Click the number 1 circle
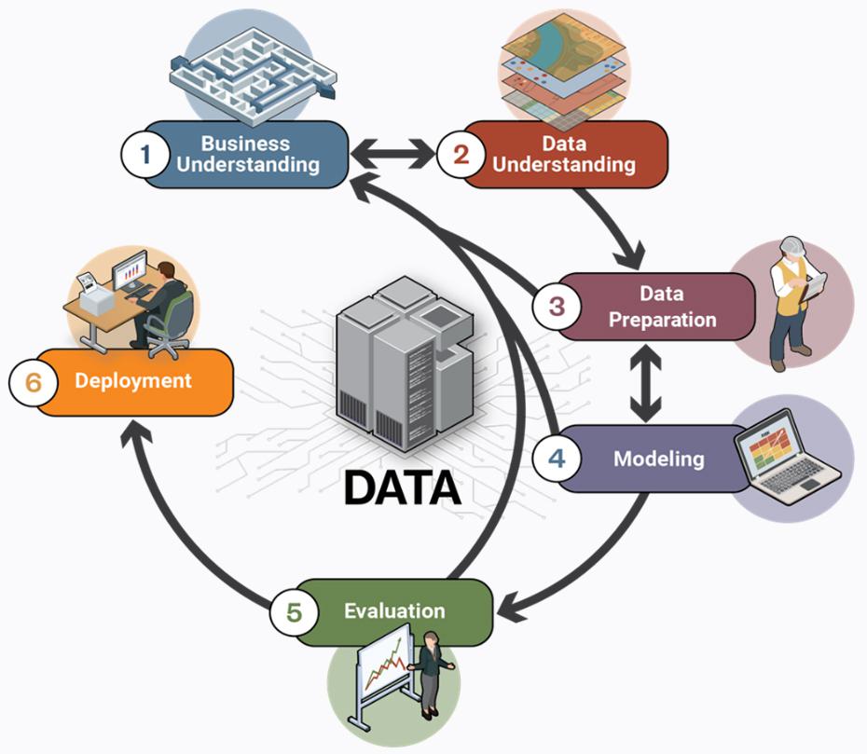pos(144,154)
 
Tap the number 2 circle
pos(461,154)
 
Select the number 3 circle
pos(557,306)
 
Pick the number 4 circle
pos(557,459)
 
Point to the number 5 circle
pos(294,612)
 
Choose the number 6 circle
pos(34,382)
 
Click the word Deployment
pos(133,381)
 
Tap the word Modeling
pos(658,459)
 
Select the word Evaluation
pos(394,611)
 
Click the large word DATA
pos(402,487)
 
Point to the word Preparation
pos(662,319)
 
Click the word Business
pos(245,144)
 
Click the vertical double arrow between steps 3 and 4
pos(644,382)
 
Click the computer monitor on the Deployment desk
pos(130,272)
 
